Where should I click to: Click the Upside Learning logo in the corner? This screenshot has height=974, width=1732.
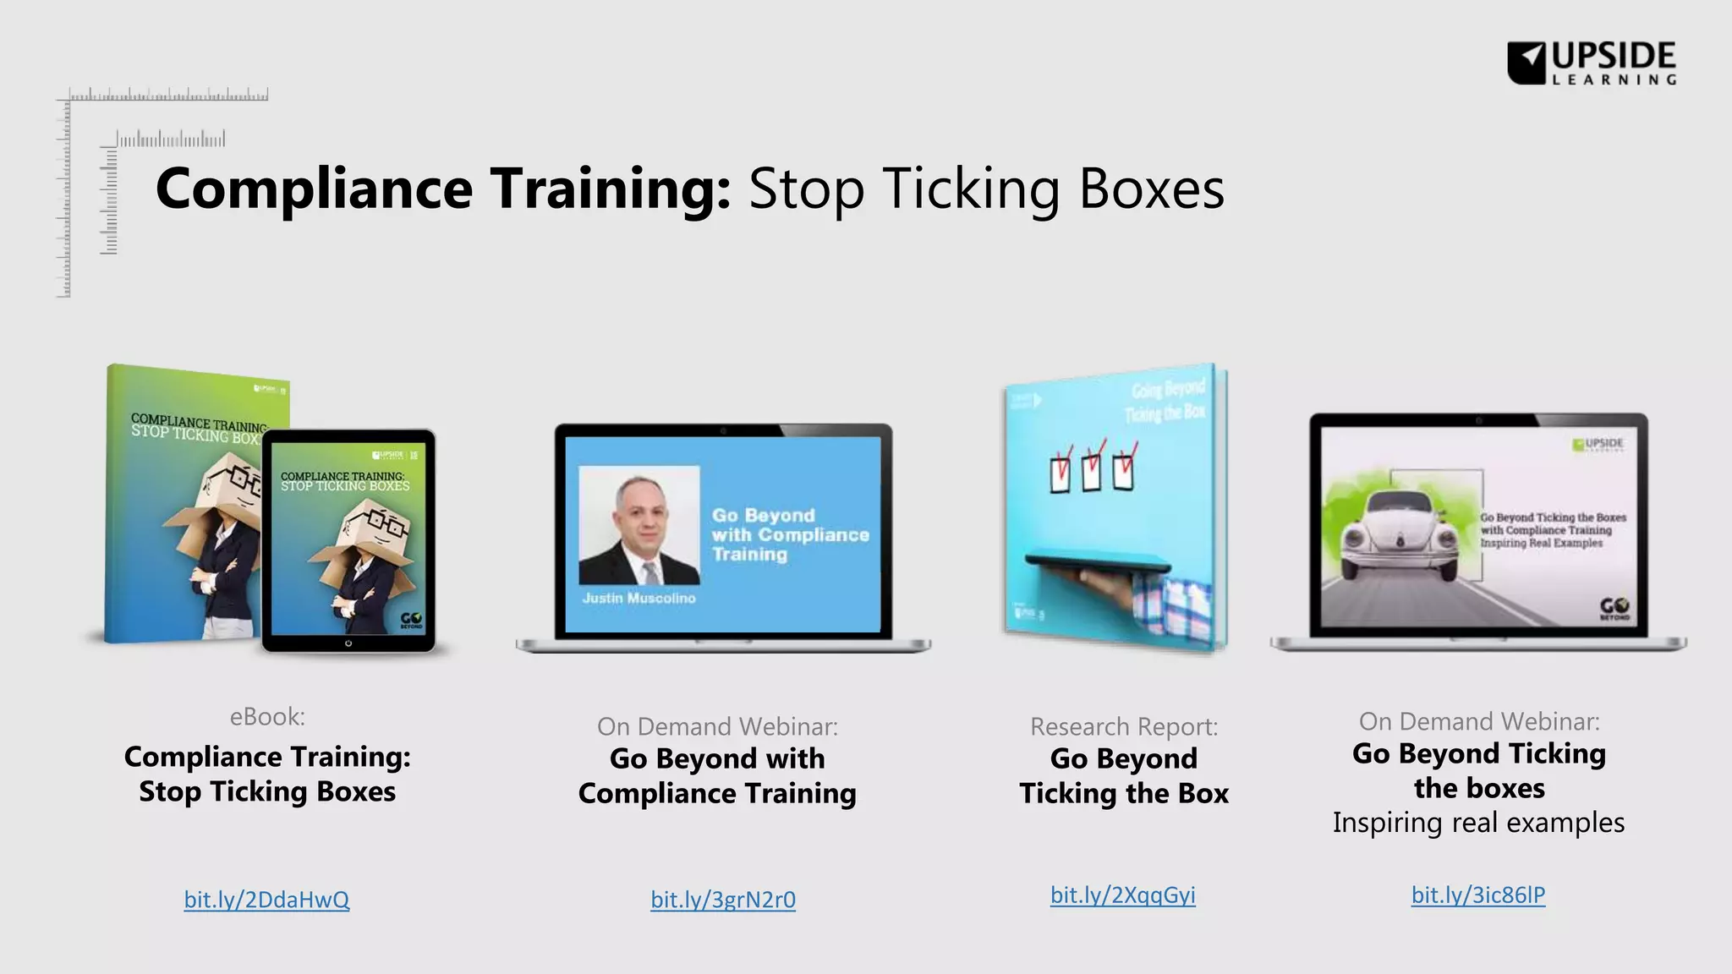(1591, 63)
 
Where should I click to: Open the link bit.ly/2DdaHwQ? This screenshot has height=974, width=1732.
(266, 899)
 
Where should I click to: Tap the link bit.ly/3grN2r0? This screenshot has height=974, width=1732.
(722, 899)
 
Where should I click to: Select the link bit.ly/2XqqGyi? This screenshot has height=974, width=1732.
(1122, 895)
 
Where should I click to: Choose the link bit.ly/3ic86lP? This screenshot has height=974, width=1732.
(1477, 895)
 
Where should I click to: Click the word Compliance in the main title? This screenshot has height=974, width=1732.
(314, 189)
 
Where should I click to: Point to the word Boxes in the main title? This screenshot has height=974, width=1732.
(1151, 189)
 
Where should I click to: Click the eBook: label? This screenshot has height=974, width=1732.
(267, 717)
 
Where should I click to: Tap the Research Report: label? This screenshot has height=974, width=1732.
(1123, 726)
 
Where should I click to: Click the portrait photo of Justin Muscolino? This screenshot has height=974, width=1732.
(639, 525)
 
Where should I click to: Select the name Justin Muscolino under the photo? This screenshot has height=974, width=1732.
(639, 598)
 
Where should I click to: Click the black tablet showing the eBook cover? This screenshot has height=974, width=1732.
(348, 541)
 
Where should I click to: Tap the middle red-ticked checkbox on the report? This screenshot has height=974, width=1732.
(1092, 470)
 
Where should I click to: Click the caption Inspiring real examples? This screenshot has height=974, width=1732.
(1477, 823)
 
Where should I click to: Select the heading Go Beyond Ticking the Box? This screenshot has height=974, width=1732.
(1123, 776)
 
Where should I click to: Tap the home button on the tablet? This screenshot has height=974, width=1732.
(348, 643)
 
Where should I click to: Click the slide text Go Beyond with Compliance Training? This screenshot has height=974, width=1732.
(789, 534)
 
